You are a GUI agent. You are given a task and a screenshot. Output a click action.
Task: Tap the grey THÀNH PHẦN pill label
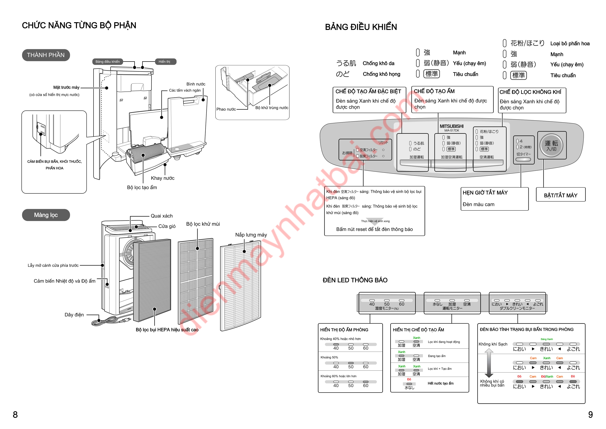click(x=46, y=55)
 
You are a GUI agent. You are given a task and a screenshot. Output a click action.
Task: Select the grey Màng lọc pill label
click(x=46, y=215)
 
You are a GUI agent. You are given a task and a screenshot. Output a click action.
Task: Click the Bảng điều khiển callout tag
click(x=108, y=62)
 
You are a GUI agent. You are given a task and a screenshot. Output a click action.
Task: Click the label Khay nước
click(x=163, y=178)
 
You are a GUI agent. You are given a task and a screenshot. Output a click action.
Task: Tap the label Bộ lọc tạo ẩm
click(x=142, y=187)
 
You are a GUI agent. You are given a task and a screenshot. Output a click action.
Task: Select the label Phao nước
click(x=226, y=109)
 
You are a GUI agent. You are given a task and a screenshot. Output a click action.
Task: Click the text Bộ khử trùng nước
click(x=272, y=108)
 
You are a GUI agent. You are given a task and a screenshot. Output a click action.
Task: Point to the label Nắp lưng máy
click(x=251, y=235)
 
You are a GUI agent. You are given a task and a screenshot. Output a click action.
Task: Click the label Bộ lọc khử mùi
click(x=203, y=224)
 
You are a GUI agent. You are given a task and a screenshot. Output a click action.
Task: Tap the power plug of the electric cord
click(x=127, y=320)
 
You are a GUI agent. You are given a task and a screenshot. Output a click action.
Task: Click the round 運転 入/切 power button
click(x=551, y=145)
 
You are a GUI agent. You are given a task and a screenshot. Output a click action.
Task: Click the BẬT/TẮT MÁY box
click(x=561, y=195)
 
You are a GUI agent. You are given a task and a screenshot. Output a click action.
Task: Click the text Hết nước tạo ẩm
click(x=440, y=383)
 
